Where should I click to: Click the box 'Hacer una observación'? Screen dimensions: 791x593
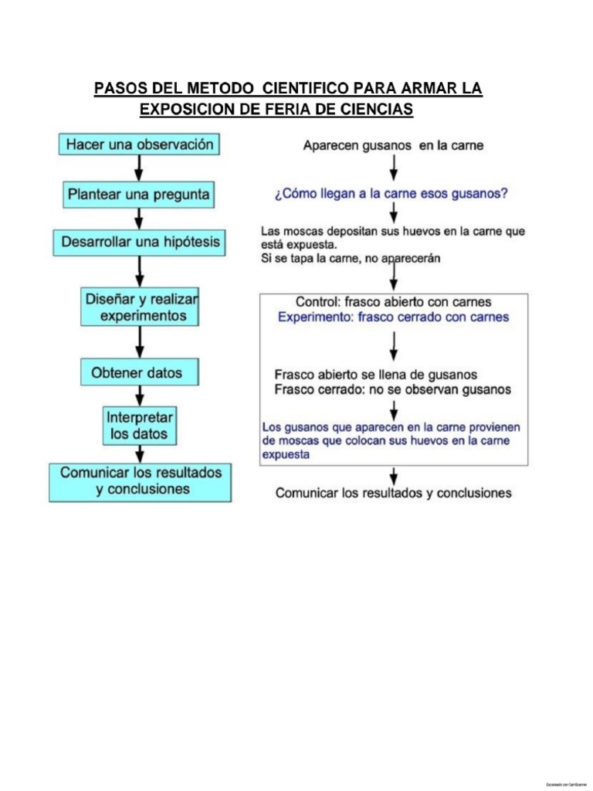click(140, 144)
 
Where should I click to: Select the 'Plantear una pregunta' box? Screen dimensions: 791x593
click(138, 195)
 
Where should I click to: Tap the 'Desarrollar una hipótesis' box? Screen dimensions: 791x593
click(140, 243)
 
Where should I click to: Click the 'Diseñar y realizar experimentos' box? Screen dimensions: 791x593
click(140, 307)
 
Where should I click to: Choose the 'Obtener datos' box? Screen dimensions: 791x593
click(140, 373)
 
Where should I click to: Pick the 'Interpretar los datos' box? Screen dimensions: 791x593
click(140, 426)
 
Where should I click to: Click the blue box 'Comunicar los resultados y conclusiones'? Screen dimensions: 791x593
click(140, 480)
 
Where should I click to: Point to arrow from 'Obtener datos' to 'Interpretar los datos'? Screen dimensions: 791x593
click(139, 395)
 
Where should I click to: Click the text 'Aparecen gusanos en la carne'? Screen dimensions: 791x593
click(393, 145)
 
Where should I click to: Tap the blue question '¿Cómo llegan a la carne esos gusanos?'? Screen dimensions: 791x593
click(391, 194)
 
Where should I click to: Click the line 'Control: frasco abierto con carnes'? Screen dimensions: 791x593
click(393, 302)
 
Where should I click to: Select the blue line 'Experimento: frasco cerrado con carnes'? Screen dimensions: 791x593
click(393, 317)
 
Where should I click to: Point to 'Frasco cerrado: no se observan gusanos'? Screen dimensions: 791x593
click(392, 390)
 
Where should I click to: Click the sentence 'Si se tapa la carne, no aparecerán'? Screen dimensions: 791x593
click(351, 259)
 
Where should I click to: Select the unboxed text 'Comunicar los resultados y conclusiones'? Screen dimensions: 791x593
click(393, 493)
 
